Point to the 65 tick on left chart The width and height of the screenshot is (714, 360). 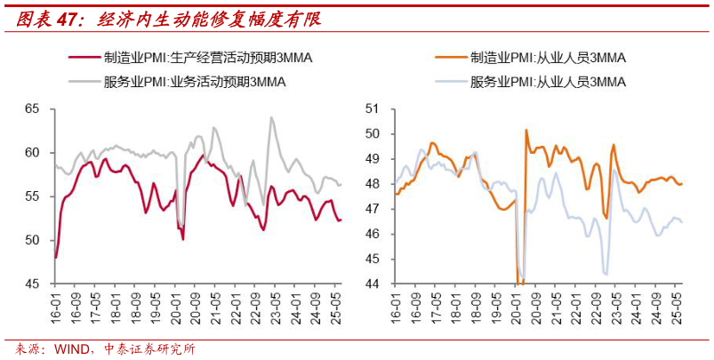click(x=34, y=108)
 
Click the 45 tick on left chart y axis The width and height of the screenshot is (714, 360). click(x=34, y=284)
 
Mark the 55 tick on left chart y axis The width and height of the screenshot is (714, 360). click(x=34, y=196)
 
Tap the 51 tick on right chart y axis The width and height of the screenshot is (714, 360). click(x=373, y=108)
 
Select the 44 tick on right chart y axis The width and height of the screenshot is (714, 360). click(x=373, y=284)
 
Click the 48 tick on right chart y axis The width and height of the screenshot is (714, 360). click(x=373, y=184)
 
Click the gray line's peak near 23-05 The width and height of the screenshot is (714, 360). click(x=271, y=117)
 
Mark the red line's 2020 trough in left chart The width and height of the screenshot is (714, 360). click(x=183, y=239)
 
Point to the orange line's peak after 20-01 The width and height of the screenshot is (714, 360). click(x=526, y=130)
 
